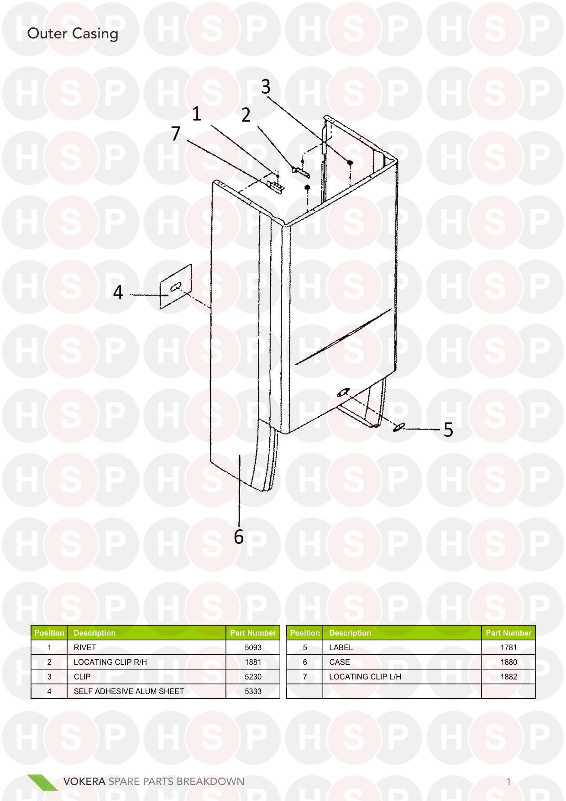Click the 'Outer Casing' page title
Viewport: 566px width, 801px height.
coord(73,34)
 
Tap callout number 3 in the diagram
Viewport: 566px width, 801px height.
coord(266,86)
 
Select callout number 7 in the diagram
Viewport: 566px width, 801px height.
coord(176,134)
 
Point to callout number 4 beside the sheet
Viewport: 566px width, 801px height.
coord(118,292)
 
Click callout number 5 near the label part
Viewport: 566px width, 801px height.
coord(448,430)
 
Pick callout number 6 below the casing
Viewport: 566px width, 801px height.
coord(239,537)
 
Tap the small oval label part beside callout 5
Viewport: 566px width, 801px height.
coord(399,427)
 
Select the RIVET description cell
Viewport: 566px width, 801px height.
coord(85,647)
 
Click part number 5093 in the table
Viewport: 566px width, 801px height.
coord(253,647)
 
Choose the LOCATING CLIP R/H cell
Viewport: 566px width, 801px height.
coord(110,662)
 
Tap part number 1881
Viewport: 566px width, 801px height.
coord(253,662)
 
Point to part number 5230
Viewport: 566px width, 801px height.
coord(253,677)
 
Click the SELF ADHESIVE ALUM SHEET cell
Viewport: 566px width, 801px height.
coord(129,691)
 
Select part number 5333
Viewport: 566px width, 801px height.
coord(253,691)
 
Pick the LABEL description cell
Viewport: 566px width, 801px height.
coord(341,647)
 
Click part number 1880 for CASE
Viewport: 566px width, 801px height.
coord(508,662)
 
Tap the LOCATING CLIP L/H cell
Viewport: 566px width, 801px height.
coord(365,677)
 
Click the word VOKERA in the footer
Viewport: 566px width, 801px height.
coord(84,781)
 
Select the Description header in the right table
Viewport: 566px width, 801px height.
coord(350,633)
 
